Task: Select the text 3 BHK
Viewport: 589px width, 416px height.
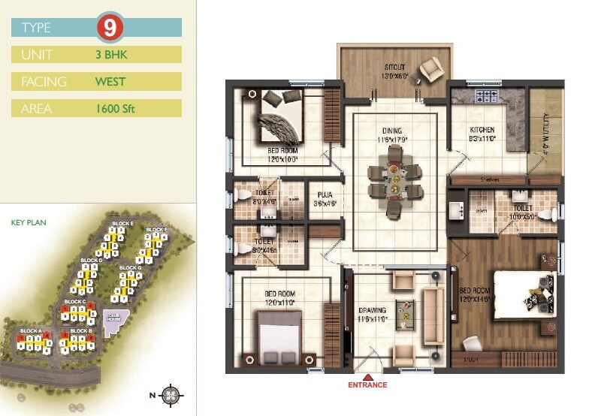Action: tap(110, 54)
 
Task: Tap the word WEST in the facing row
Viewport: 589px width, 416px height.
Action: tap(110, 81)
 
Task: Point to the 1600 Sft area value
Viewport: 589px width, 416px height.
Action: tap(115, 108)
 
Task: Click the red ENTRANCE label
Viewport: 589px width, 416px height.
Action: tap(367, 385)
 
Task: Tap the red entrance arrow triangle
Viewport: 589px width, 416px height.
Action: tap(367, 376)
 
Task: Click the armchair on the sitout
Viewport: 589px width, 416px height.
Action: tap(431, 69)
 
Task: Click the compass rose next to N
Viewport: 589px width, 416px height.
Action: tap(172, 393)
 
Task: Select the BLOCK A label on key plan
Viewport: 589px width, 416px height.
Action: tap(31, 331)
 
